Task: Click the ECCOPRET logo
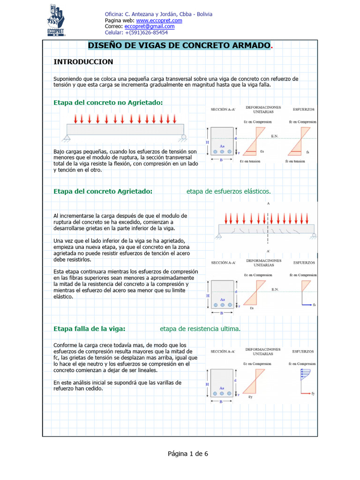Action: [x=56, y=20]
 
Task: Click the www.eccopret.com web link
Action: [x=159, y=21]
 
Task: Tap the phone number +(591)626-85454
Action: [x=145, y=33]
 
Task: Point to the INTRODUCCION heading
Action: [x=83, y=62]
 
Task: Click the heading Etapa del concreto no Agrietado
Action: [x=108, y=103]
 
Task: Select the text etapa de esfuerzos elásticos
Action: [x=228, y=191]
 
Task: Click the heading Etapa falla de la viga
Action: [x=90, y=329]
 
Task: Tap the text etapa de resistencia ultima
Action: [x=200, y=329]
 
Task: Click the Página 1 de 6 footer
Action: [x=187, y=454]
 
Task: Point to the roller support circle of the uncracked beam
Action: [x=184, y=137]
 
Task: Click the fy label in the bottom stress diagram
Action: [x=313, y=393]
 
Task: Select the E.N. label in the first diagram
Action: [x=275, y=136]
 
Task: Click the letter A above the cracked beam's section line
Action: [x=268, y=204]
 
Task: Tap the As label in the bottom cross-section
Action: [x=222, y=388]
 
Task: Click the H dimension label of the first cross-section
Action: [x=207, y=142]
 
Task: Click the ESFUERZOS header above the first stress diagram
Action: [x=303, y=109]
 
